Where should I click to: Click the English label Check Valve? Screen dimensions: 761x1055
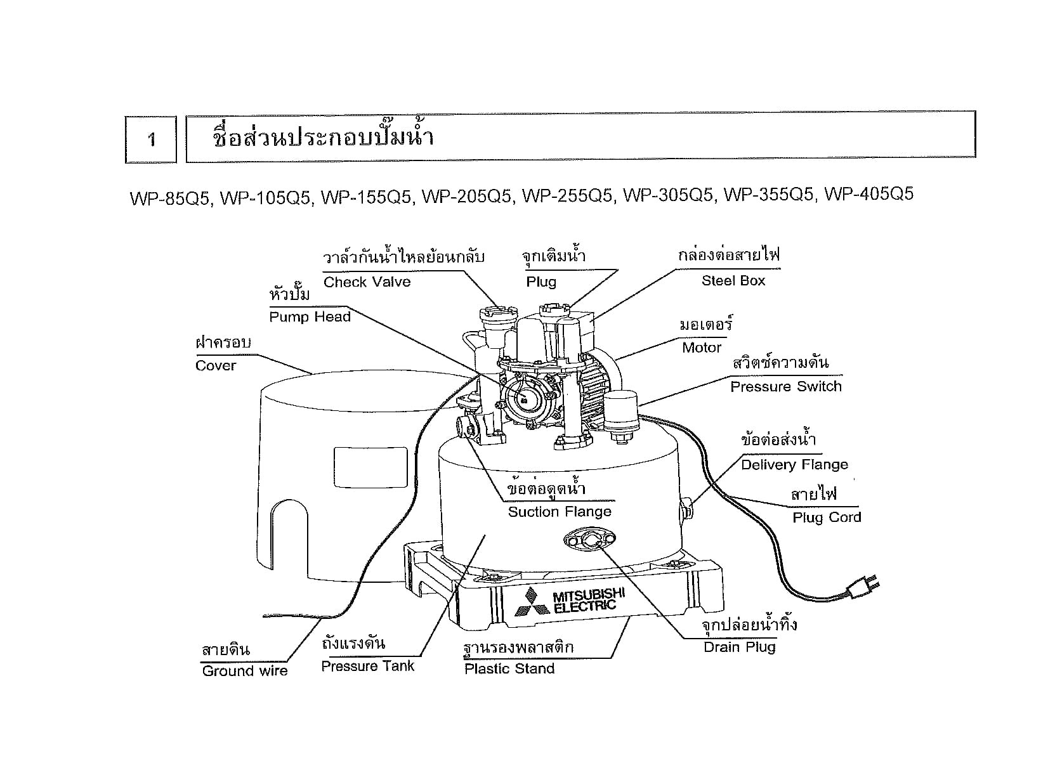(x=367, y=282)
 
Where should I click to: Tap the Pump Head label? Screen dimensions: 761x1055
(x=310, y=317)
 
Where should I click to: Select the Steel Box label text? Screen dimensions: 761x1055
(x=733, y=281)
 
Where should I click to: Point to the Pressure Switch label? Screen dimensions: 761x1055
(x=785, y=387)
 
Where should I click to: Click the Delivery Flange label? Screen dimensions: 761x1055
(x=794, y=465)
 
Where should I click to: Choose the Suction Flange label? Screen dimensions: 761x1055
(x=560, y=512)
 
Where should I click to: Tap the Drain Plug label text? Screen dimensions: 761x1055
(x=740, y=647)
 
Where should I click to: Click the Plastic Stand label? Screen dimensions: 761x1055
(x=509, y=669)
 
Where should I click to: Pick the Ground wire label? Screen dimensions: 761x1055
(x=244, y=671)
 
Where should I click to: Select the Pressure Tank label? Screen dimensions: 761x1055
(x=367, y=667)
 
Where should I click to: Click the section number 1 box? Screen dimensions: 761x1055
(x=151, y=140)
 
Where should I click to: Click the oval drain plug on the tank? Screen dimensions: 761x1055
(x=589, y=540)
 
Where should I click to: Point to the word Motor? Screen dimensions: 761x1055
(x=702, y=348)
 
